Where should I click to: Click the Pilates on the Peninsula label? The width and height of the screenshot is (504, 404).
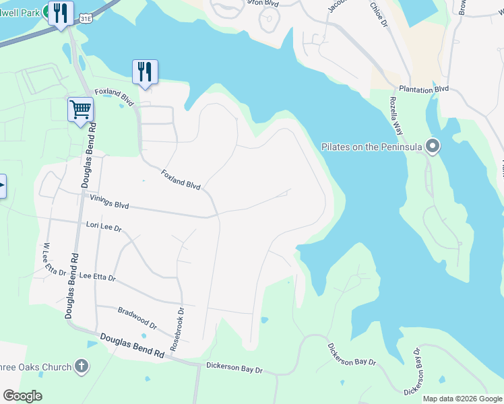pos(373,147)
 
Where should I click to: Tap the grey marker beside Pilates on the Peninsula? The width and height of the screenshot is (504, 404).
pos(433,145)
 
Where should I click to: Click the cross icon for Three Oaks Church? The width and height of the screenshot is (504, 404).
pos(82,367)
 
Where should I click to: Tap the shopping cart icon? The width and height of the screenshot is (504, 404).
pos(80,109)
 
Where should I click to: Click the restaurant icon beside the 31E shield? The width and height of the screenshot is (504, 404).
pos(61,13)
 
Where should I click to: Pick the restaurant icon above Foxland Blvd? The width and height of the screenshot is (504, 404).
pos(145,71)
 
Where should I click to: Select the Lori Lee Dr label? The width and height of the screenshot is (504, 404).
pos(103,228)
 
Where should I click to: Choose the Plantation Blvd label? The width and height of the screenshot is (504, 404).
pos(423,89)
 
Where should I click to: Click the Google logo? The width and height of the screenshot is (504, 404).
pos(22,396)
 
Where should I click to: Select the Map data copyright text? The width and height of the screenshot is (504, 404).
pos(463,399)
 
